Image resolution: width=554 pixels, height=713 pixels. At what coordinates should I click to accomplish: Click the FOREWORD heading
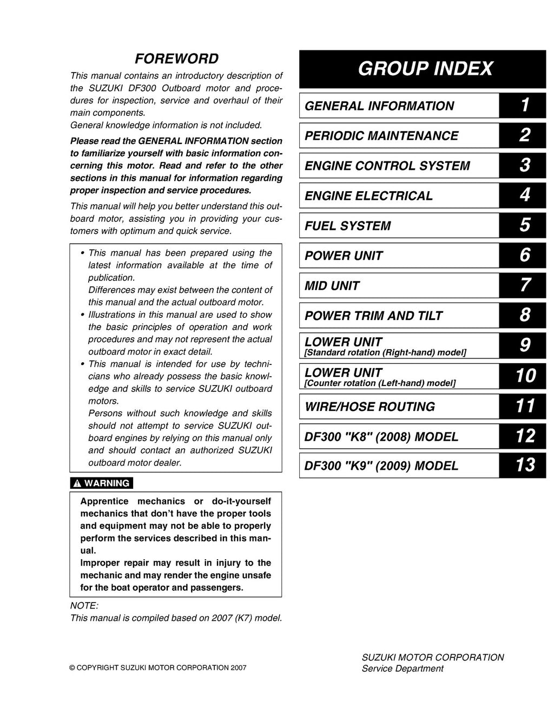176,58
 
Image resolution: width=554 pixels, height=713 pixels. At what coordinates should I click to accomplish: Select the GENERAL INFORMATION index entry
379,106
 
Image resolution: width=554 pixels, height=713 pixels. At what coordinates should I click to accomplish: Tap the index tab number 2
524,135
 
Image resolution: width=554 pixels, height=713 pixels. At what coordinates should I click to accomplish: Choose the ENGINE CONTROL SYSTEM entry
387,166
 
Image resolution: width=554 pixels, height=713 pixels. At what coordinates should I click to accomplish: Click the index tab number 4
524,195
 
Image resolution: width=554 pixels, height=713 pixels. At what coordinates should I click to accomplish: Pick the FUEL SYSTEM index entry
348,226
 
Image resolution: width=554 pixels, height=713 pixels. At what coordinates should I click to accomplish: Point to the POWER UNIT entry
344,256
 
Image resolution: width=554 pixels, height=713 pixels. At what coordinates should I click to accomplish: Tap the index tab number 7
524,285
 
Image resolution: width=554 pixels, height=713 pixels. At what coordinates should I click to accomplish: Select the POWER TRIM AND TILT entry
373,316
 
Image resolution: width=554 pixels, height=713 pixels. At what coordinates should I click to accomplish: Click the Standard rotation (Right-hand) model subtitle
385,353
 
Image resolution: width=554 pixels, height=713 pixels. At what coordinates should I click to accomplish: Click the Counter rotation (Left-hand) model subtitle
380,383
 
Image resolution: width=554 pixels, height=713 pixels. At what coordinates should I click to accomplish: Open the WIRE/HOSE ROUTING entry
370,407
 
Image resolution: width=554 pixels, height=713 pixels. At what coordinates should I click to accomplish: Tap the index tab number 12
524,436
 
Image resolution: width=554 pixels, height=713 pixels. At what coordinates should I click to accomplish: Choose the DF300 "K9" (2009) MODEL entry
381,466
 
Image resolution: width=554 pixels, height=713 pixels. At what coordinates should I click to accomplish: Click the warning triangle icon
77,483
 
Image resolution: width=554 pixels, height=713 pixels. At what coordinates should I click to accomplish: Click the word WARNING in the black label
107,483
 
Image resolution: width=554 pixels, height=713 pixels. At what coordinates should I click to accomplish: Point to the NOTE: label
84,606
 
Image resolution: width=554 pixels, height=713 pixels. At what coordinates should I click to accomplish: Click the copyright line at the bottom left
157,668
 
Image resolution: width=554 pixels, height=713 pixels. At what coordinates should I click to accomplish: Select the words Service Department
403,669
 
